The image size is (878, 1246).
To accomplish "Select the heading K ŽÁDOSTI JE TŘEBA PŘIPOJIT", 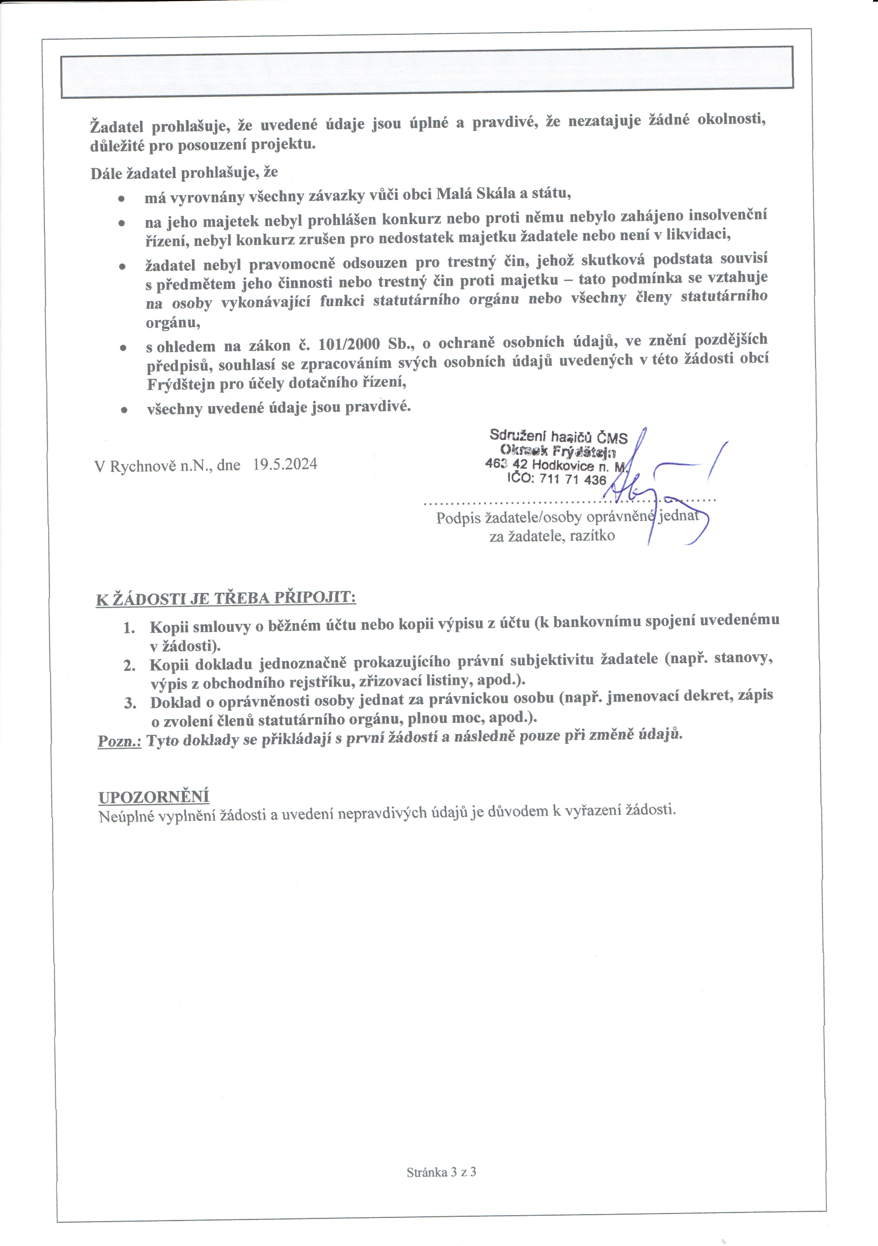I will coord(226,598).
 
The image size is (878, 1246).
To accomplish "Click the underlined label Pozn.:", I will coord(119,741).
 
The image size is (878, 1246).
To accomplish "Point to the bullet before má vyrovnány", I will coord(122,199).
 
